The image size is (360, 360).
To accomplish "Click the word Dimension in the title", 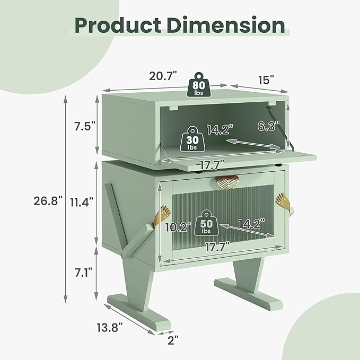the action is [226, 25].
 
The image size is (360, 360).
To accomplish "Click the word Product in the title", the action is [118, 25].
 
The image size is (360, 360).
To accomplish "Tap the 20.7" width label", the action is [163, 76].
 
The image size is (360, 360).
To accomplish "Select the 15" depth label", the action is [266, 80].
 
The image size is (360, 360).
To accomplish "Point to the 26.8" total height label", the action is [48, 201].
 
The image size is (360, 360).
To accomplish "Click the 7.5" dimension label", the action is [84, 126].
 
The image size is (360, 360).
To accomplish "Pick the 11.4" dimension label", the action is [82, 202].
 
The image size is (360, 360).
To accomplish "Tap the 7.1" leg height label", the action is [83, 272].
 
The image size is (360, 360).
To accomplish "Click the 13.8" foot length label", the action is [110, 327].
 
